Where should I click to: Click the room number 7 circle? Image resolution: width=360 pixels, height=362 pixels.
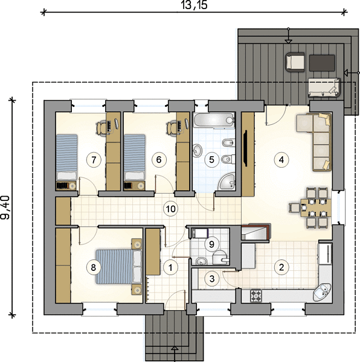coord(94,159)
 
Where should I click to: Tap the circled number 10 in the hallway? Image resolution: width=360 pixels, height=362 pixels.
coord(171,209)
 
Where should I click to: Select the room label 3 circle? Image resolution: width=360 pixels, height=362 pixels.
coord(212,279)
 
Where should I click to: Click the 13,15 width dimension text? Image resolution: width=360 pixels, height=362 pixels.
coord(194,5)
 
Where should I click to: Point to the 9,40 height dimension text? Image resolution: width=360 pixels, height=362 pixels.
coord(5,208)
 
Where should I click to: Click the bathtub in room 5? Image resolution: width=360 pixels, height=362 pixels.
coord(214,120)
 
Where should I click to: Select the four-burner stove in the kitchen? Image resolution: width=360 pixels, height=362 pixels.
coord(256,296)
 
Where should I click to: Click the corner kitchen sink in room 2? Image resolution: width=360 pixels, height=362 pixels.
coord(323,293)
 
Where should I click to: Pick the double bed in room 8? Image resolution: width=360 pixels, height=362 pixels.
coord(119,267)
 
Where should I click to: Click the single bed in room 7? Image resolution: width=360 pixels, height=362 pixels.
coord(67,157)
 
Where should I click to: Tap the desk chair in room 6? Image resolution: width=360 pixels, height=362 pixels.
coord(171,128)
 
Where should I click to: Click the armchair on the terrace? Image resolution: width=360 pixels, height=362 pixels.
coord(295,62)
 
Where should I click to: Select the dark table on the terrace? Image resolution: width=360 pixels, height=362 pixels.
coord(322,63)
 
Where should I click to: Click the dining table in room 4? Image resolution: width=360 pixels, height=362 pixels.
coord(316,208)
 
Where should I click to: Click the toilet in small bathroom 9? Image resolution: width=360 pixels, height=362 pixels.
coord(220,257)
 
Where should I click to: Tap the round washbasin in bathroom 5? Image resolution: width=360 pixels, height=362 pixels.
coord(197,150)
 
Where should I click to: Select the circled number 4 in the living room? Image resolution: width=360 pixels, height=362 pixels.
coord(281,159)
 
